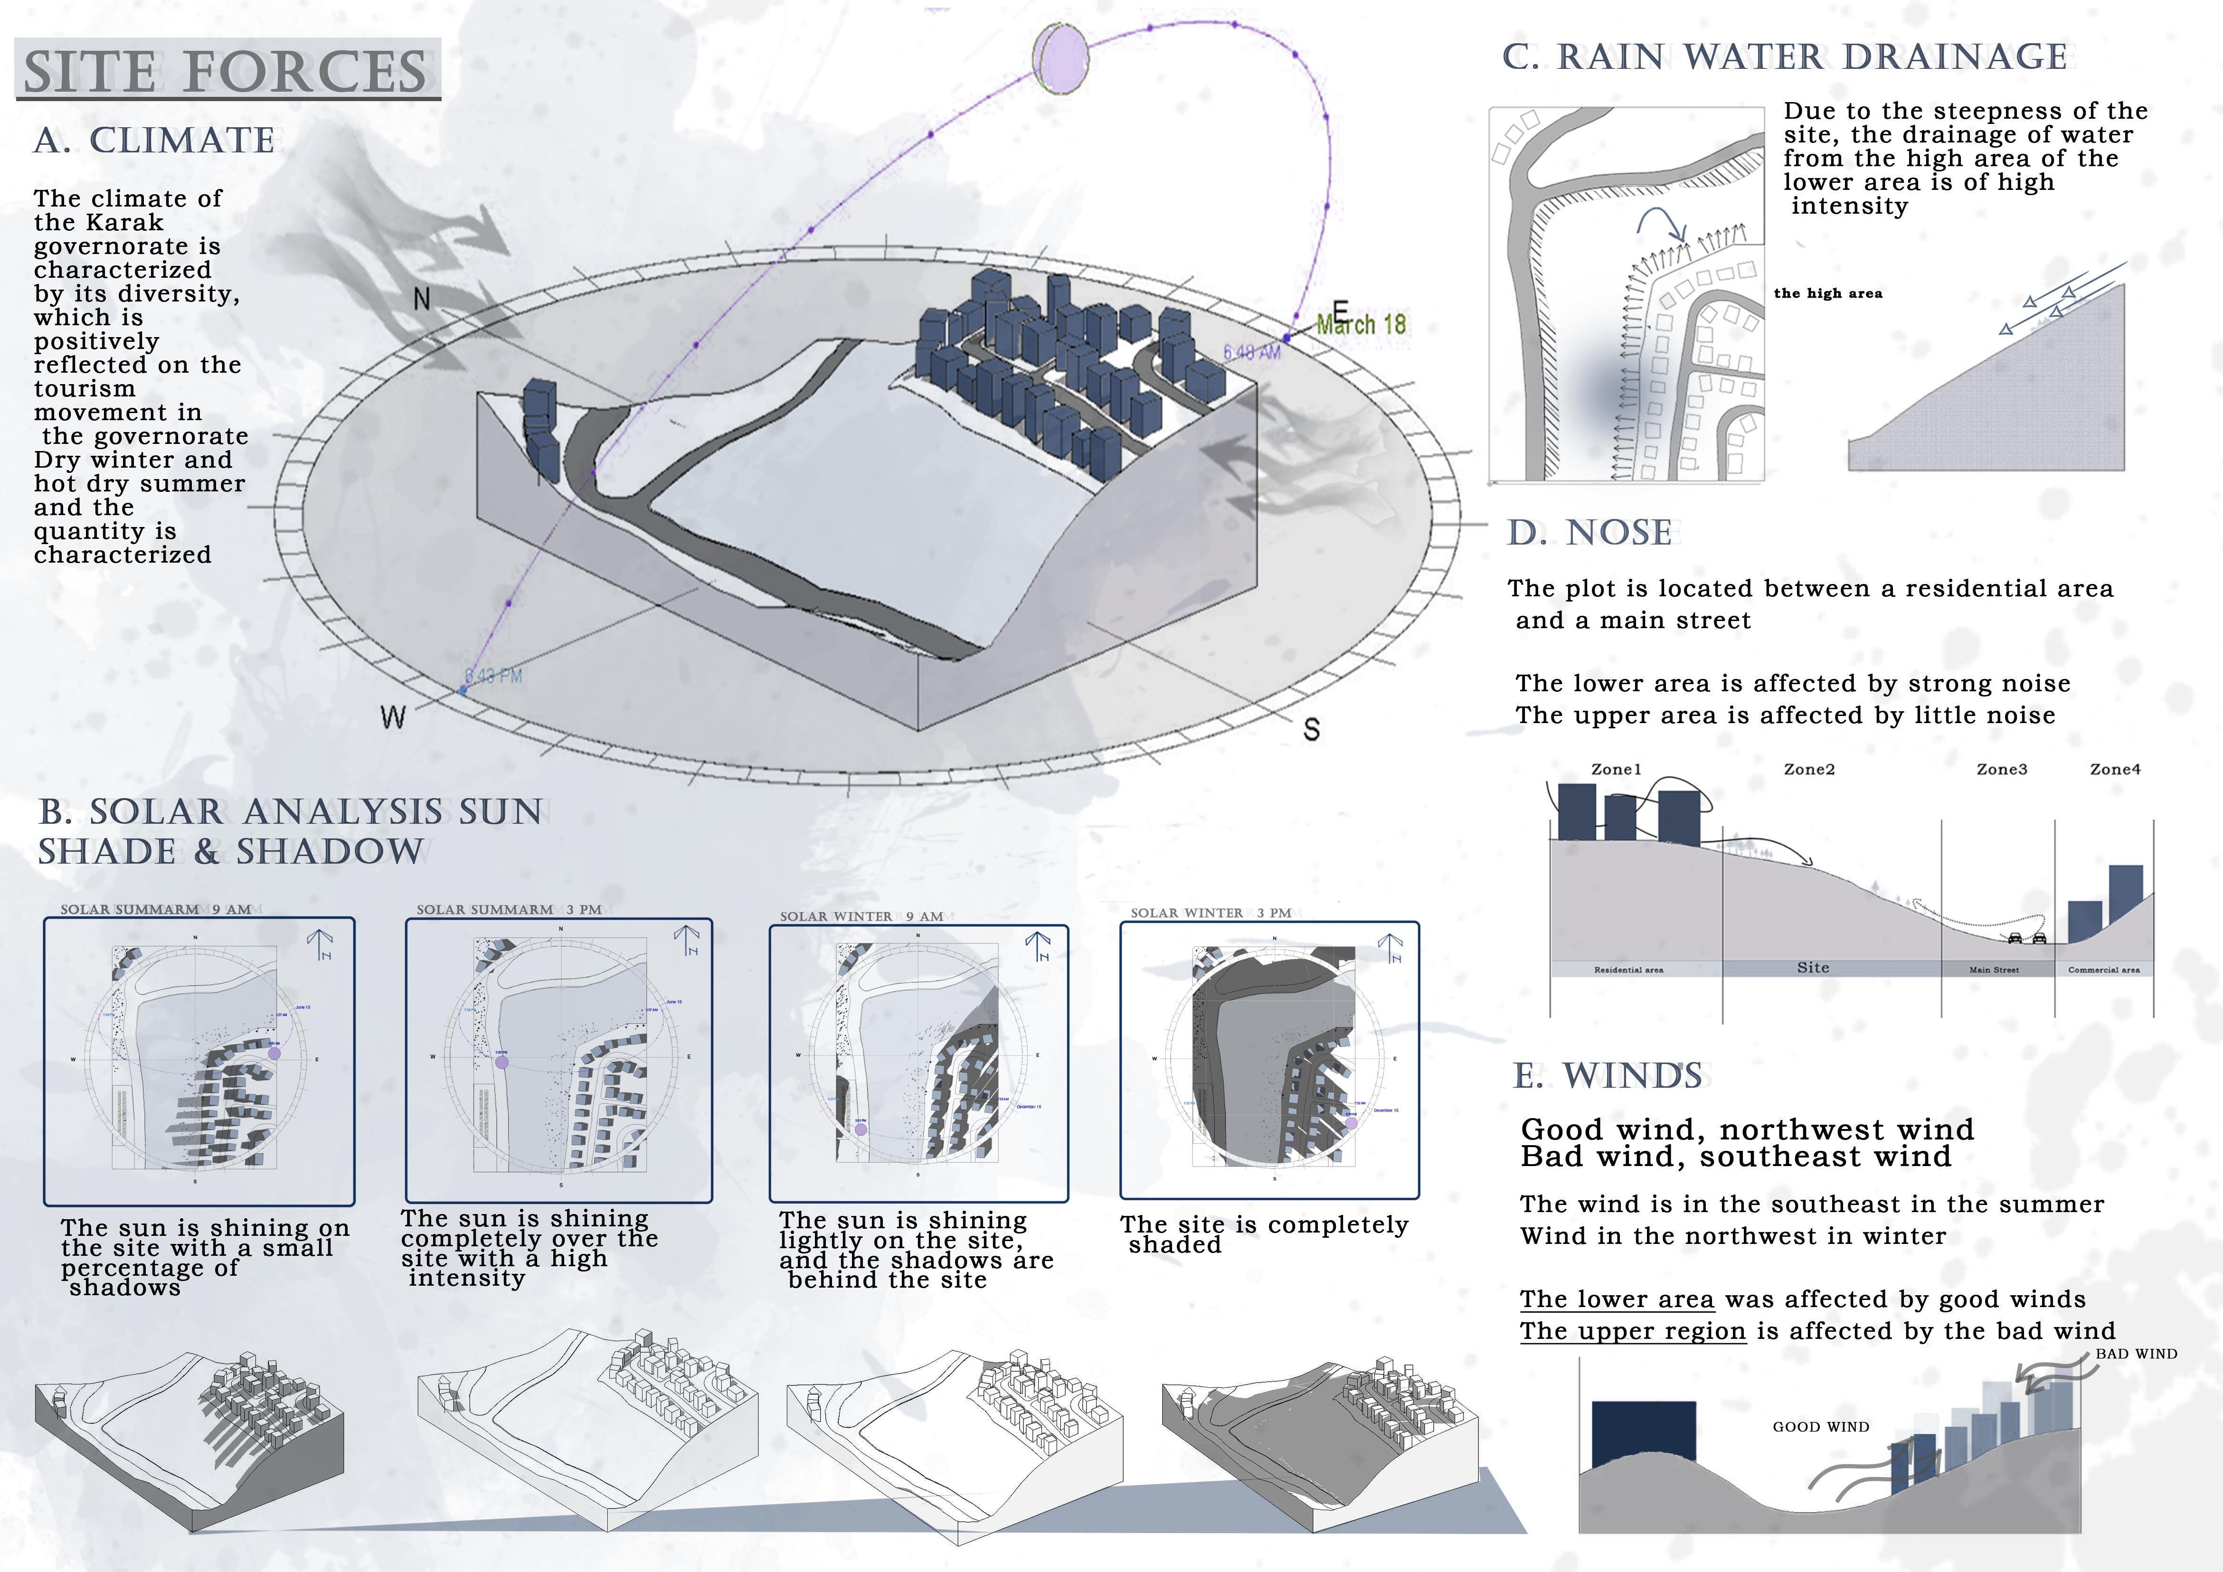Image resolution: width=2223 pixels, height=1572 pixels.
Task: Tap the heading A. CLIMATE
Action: point(155,141)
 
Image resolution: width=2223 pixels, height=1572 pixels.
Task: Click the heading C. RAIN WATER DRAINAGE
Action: point(1784,57)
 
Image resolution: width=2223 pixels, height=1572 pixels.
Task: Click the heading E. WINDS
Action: point(1607,1075)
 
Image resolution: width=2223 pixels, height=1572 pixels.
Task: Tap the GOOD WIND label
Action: point(1820,1427)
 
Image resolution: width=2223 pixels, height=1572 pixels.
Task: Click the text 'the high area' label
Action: point(1828,293)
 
